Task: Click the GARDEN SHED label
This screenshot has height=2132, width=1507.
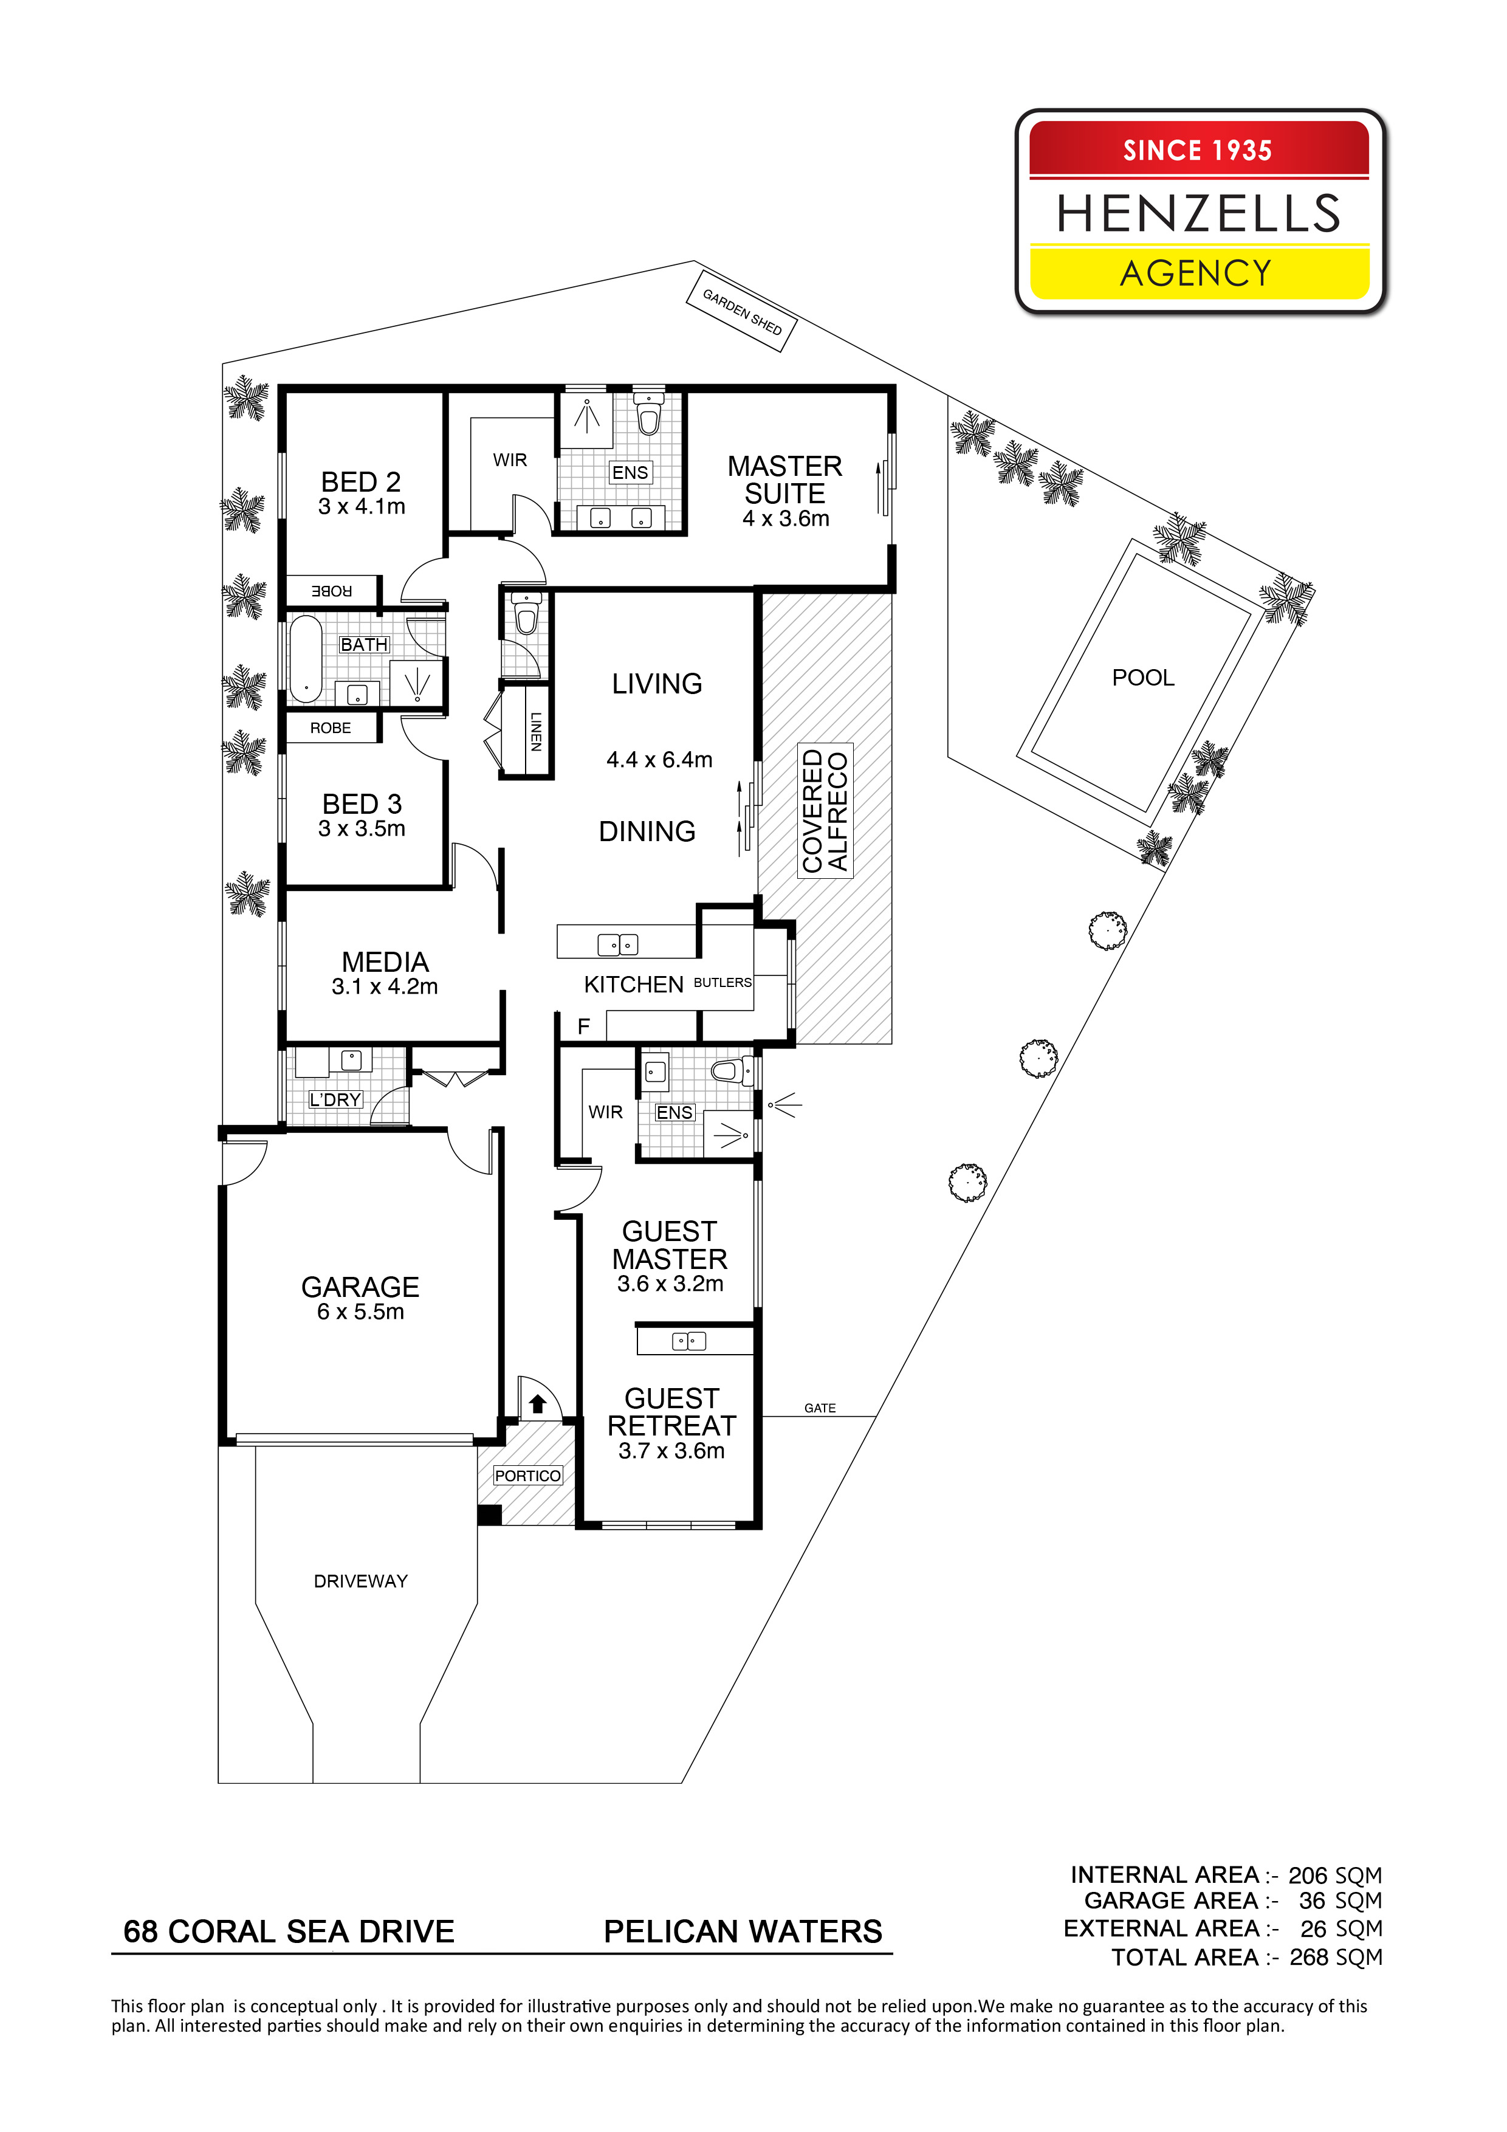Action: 742,312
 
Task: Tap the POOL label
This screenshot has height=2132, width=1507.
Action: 1143,678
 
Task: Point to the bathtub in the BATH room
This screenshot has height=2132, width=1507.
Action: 306,659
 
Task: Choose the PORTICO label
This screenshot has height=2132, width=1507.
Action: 527,1476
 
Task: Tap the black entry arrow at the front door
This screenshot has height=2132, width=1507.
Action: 538,1404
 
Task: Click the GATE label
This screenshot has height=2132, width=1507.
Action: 820,1408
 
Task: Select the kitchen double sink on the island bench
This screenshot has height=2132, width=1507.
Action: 617,945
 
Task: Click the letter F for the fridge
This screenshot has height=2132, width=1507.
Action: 584,1026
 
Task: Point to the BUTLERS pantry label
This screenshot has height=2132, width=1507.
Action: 723,982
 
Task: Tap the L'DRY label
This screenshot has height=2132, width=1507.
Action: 335,1099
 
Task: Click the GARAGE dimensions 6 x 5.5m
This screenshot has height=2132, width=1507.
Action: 360,1312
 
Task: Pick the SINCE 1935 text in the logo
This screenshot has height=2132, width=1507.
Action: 1198,151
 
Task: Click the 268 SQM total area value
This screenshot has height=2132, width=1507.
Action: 1336,1958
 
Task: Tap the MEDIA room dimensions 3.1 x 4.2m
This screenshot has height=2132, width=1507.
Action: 385,986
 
